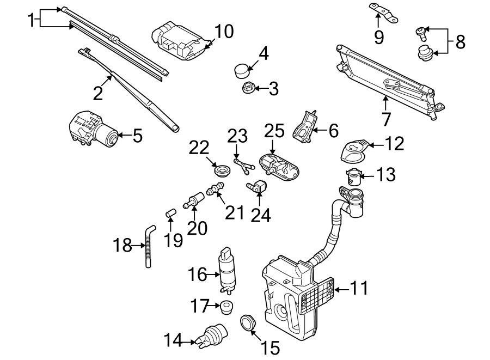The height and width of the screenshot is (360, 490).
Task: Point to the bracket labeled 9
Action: pyautogui.click(x=383, y=13)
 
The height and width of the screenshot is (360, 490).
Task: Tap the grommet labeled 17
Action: pyautogui.click(x=226, y=306)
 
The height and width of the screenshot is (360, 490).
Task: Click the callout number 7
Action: pyautogui.click(x=386, y=118)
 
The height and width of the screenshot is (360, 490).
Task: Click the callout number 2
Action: pyautogui.click(x=97, y=93)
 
